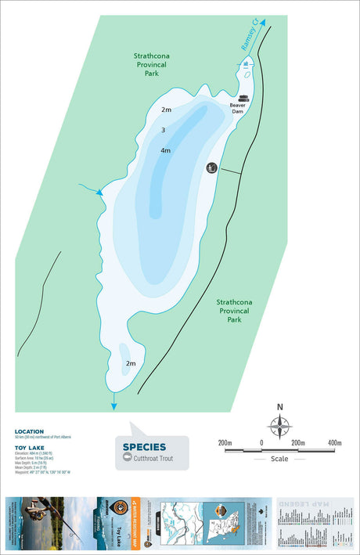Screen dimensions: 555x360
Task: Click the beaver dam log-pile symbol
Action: [243, 99]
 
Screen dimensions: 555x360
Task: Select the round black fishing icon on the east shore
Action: [211, 168]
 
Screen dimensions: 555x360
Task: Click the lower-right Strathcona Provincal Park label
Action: [234, 311]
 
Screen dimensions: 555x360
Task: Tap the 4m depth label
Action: [165, 150]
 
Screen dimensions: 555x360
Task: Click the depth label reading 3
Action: [163, 130]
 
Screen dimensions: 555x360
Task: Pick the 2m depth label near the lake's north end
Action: [166, 110]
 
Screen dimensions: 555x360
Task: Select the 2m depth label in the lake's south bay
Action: [131, 364]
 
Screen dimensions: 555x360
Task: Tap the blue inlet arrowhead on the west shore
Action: [99, 192]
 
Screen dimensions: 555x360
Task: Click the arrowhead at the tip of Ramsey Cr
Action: [263, 23]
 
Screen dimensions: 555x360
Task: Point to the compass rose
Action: [279, 426]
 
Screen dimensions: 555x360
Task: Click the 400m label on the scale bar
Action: [335, 444]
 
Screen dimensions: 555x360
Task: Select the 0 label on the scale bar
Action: [261, 444]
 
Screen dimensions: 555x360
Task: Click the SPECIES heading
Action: [144, 448]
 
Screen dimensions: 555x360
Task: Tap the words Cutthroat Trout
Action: [153, 459]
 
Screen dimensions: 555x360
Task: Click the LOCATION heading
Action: [29, 431]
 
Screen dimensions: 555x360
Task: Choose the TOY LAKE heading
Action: [29, 448]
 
